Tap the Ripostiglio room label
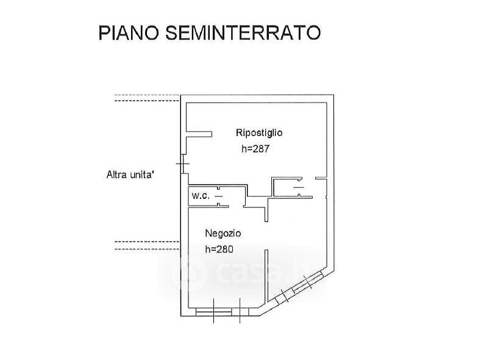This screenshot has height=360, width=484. click(x=259, y=132)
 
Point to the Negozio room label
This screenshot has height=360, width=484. click(x=223, y=233)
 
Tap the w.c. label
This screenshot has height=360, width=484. click(x=201, y=196)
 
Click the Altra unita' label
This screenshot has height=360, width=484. click(x=130, y=175)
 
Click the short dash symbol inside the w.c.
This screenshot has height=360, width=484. click(x=218, y=196)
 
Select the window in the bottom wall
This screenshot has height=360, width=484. click(x=214, y=312)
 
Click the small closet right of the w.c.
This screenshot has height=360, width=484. click(x=287, y=187)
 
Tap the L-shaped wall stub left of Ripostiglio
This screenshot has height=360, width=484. click(x=197, y=134)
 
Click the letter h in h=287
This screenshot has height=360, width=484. click(x=244, y=148)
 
